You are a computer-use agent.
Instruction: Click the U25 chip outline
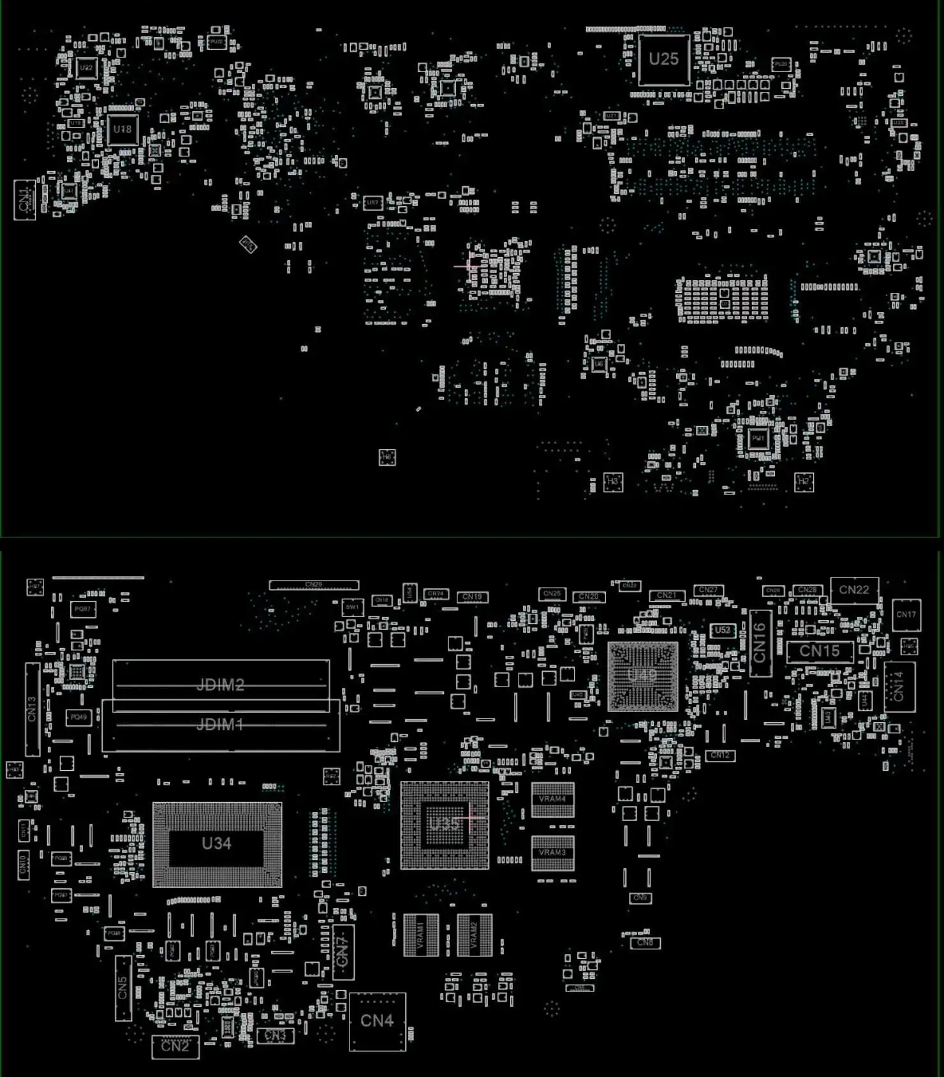point(664,59)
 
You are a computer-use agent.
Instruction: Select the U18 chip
point(122,130)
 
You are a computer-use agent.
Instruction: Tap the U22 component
point(86,68)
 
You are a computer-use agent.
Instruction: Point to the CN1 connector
point(24,200)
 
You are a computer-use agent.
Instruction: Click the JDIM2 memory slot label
point(220,685)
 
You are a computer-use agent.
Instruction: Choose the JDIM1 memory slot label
point(219,724)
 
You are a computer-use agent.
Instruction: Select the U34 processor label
point(216,843)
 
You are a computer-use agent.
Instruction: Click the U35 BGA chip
point(444,824)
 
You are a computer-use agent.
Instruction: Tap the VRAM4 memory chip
point(552,799)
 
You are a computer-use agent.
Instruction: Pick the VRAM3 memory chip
point(552,853)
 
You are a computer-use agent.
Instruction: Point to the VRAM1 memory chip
point(421,935)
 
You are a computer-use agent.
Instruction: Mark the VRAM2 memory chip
point(475,935)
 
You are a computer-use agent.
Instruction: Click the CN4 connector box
point(377,1021)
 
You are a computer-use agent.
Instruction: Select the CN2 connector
point(175,1046)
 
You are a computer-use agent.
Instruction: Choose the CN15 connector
point(820,651)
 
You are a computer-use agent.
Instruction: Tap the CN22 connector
point(854,590)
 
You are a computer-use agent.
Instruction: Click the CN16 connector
point(760,643)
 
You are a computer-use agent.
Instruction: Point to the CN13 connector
point(32,709)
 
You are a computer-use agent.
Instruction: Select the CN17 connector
point(906,615)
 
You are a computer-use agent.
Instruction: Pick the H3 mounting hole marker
point(613,482)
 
